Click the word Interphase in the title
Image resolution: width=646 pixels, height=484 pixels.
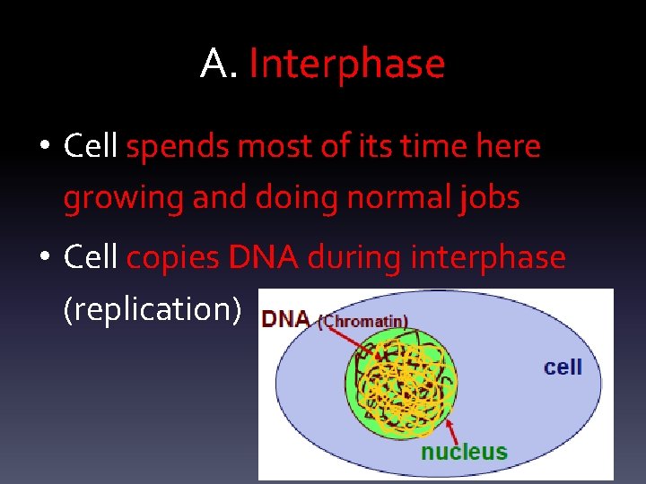click(x=346, y=65)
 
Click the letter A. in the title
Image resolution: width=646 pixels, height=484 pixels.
click(x=219, y=65)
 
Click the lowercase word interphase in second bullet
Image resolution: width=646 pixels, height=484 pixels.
click(x=487, y=258)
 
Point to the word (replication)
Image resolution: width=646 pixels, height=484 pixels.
click(x=153, y=308)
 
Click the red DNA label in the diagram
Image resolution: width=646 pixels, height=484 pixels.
click(x=285, y=319)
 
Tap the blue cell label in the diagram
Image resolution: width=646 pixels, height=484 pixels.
click(x=563, y=367)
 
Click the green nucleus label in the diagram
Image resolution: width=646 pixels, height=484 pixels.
click(x=464, y=452)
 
